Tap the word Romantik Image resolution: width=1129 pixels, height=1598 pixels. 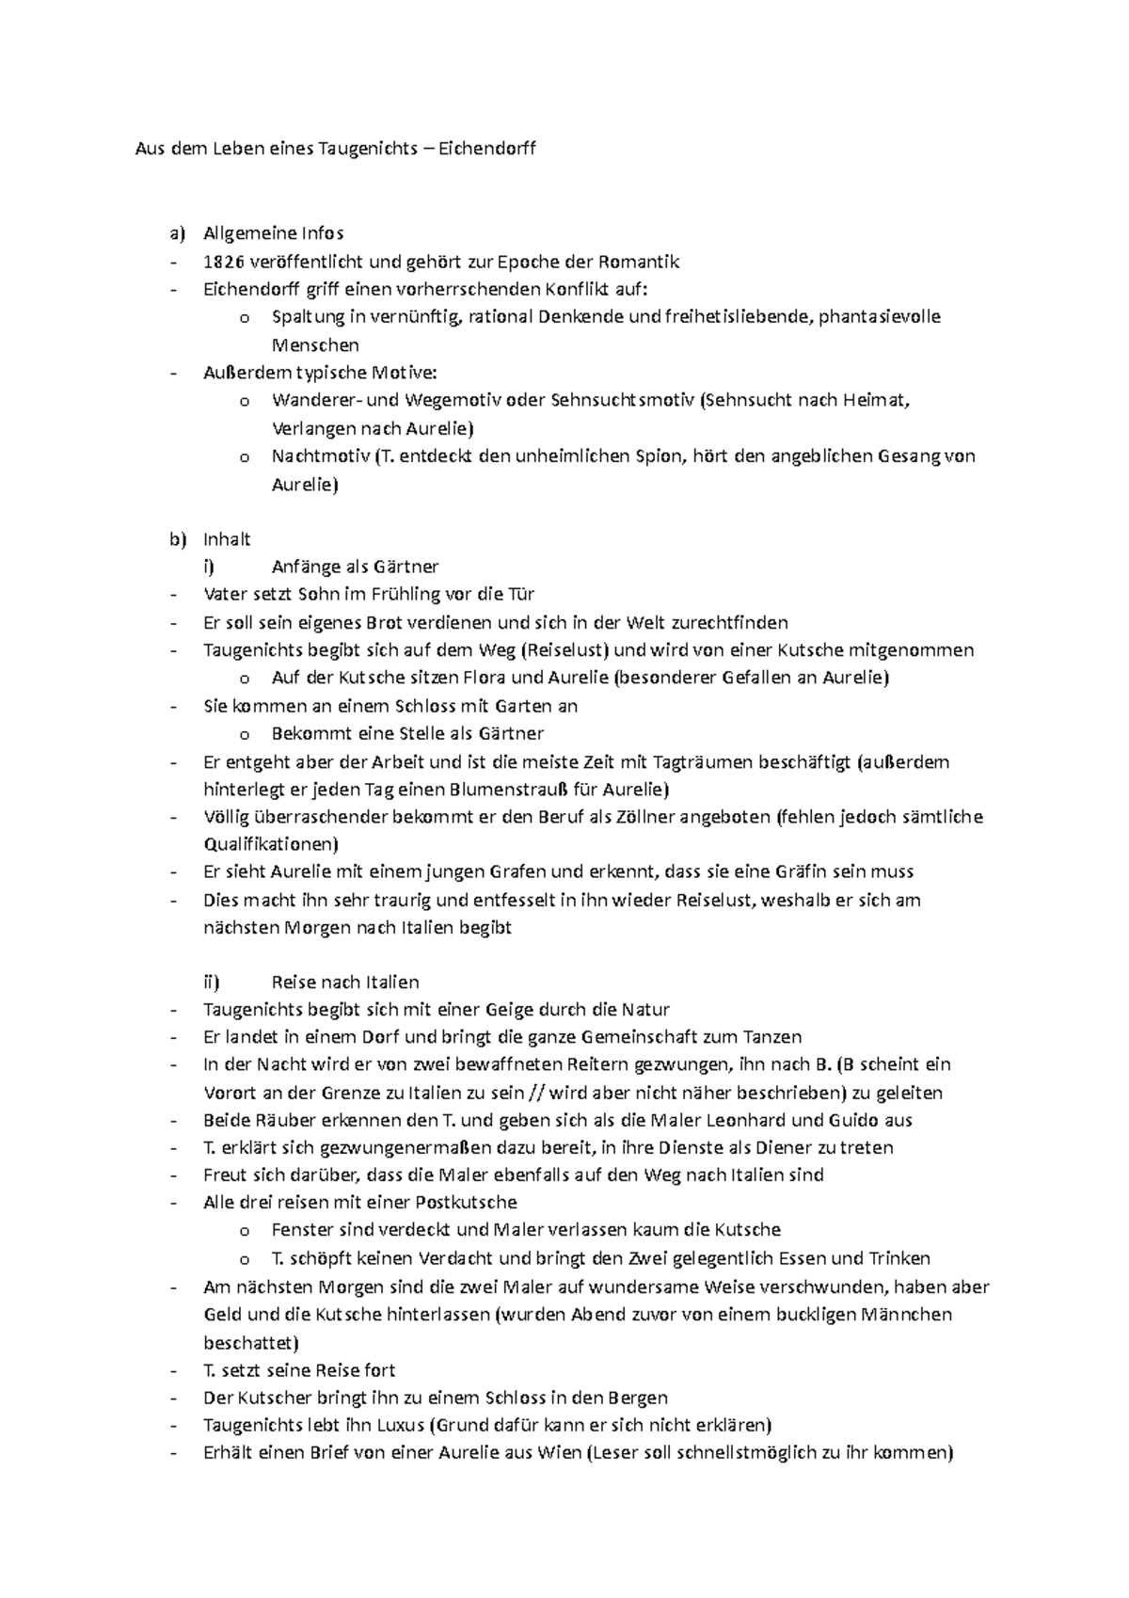pos(640,262)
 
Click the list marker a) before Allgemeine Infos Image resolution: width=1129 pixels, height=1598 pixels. pos(177,232)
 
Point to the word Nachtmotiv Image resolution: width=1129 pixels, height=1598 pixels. pos(319,456)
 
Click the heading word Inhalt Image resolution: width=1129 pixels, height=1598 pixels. pos(227,539)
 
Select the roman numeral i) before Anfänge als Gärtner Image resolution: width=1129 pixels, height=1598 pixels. pos(209,567)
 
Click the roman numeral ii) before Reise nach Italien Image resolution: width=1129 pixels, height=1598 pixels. pos(211,983)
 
